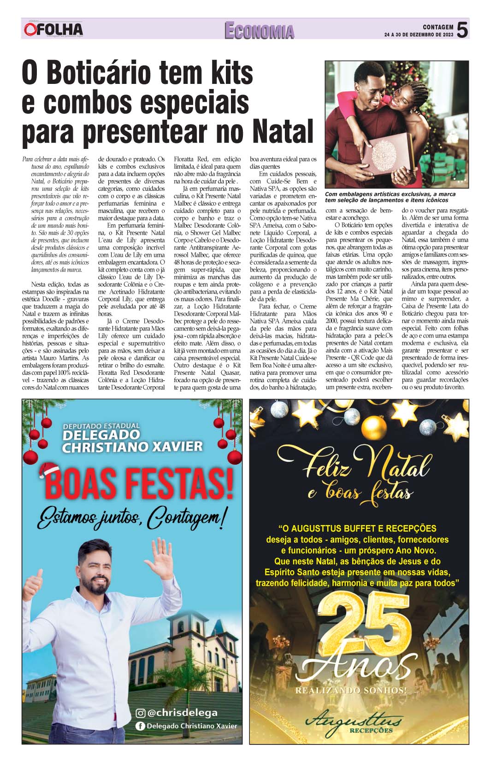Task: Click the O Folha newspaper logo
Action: pyautogui.click(x=53, y=30)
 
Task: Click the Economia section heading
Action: pyautogui.click(x=259, y=31)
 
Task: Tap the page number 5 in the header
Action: pyautogui.click(x=462, y=30)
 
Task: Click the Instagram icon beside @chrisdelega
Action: pyautogui.click(x=141, y=713)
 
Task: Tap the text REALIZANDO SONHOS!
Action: pyautogui.click(x=351, y=691)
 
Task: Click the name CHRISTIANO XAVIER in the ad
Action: pyautogui.click(x=132, y=446)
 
